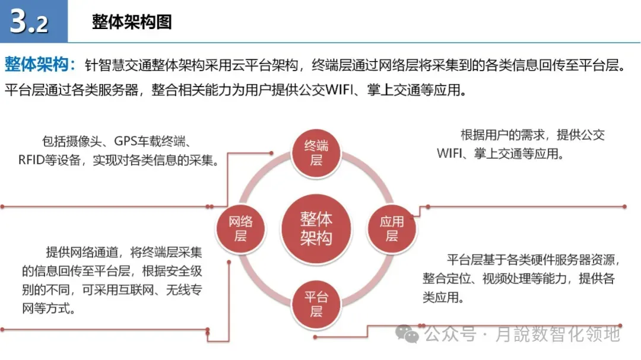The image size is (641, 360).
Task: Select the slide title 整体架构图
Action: click(x=132, y=22)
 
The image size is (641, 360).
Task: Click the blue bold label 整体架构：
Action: click(x=40, y=64)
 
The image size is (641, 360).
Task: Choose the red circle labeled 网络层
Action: click(x=240, y=228)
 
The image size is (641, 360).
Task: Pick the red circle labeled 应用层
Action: click(x=392, y=228)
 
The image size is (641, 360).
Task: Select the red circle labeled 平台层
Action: click(x=316, y=304)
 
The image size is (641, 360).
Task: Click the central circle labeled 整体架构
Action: click(x=316, y=228)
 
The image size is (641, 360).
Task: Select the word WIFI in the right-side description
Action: click(x=452, y=154)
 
